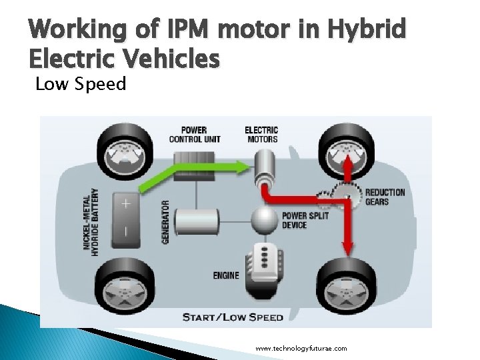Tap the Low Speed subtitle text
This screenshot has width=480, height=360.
point(81,85)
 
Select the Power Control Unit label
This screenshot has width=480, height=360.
point(194,134)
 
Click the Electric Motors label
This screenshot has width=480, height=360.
point(261,134)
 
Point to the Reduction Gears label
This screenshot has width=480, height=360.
point(385,197)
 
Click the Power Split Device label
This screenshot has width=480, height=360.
point(304,220)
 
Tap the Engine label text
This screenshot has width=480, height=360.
point(226,275)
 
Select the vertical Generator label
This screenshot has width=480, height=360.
point(166,212)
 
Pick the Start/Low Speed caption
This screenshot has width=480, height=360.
point(233,317)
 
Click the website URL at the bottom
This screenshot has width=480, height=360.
point(301,348)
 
